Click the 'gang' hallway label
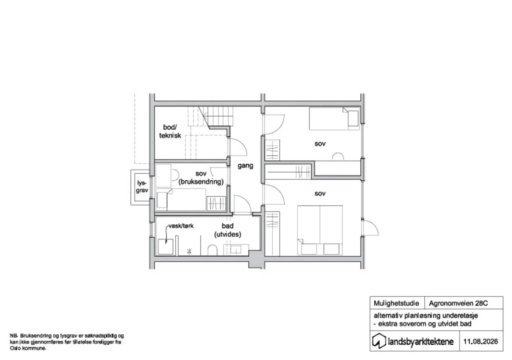[245, 166]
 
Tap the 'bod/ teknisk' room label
[170, 131]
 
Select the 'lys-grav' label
[142, 187]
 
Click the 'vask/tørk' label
[181, 226]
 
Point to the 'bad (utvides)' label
[228, 230]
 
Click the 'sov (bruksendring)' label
[201, 178]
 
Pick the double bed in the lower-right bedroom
[320, 230]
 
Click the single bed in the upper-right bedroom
[334, 119]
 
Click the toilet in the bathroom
[212, 250]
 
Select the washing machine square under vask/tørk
[165, 247]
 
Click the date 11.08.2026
[480, 341]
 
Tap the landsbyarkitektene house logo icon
[379, 341]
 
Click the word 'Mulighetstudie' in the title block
[396, 303]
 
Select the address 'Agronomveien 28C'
[458, 303]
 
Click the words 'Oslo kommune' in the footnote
[28, 348]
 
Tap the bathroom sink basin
[236, 249]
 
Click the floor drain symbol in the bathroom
[189, 252]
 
